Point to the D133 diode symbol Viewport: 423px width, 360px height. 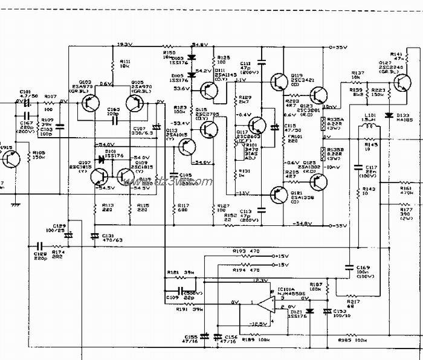(x=388, y=114)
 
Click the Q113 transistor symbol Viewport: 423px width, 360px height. (x=188, y=147)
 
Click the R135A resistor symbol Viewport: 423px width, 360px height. (x=323, y=124)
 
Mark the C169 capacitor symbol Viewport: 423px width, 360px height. (x=349, y=266)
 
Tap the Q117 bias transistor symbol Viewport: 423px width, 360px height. (x=258, y=126)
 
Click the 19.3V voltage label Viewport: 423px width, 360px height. (x=124, y=43)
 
